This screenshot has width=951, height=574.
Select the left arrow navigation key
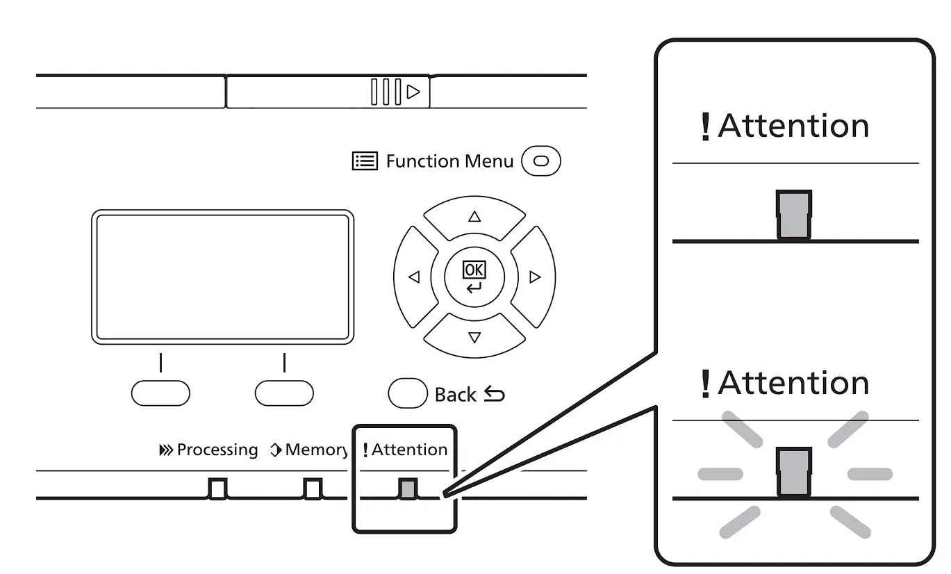click(414, 277)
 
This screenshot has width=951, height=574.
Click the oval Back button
click(408, 393)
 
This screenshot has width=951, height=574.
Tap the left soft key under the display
click(160, 393)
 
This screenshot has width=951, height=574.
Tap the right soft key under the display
click(284, 393)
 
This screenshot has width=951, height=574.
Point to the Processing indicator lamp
click(218, 489)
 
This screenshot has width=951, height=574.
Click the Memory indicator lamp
click(313, 489)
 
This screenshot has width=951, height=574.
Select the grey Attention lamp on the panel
click(407, 489)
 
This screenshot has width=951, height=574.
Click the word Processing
click(217, 450)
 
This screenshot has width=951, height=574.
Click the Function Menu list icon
click(365, 162)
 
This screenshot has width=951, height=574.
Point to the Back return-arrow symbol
click(494, 395)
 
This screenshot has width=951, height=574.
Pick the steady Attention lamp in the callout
click(794, 215)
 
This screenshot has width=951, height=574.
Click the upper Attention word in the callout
click(793, 126)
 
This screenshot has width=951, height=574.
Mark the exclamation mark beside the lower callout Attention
click(706, 384)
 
